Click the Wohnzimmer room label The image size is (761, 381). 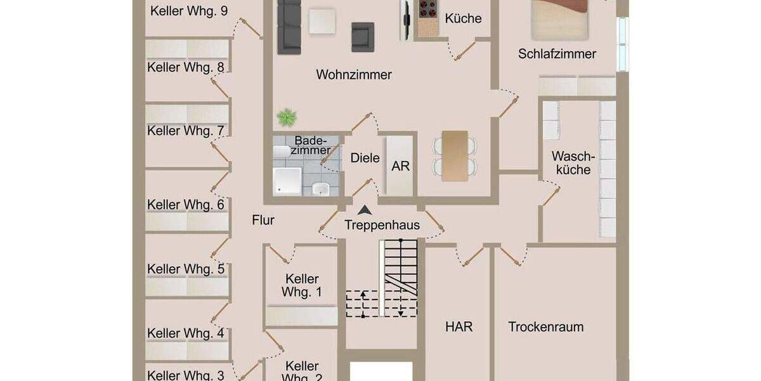pos(354,75)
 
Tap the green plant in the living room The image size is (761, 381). pos(287,117)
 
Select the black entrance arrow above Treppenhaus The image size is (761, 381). pos(364,211)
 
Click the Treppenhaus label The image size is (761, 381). pos(382,225)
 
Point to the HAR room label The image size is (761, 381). pos(459,327)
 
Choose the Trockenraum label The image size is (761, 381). pos(545,327)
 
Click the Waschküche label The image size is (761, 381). pos(571,163)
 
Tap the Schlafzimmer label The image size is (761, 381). pos(557,54)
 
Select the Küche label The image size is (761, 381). pos(463,18)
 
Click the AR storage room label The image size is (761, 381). pos(401,166)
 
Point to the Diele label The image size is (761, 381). pos(365,158)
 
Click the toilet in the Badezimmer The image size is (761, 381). pos(321,188)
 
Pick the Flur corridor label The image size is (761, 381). pos(263,220)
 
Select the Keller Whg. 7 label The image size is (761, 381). pos(186,131)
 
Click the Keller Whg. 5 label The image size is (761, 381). pos(186,269)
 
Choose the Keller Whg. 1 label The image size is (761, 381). pos(302,286)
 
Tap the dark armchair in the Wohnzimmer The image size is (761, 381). pos(363,36)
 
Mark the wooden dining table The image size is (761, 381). pos(455,155)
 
